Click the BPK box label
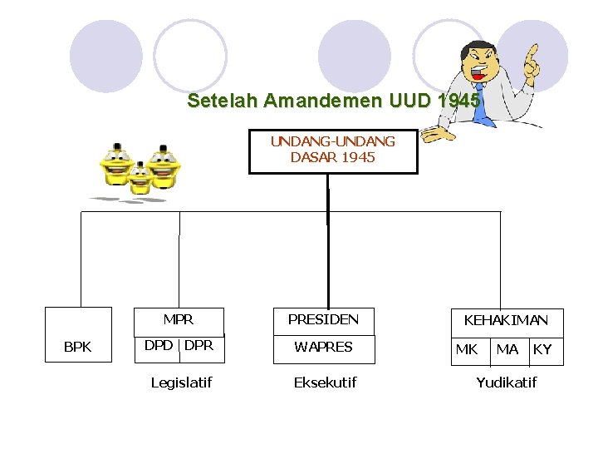coord(77,347)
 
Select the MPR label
coord(179,319)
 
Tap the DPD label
coord(159,346)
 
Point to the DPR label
coord(199,346)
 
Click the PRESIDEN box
coord(323,319)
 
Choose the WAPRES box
coord(324,347)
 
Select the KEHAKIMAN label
coord(506,320)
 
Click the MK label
coord(467,350)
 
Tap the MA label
coord(507,350)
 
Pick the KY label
coord(542,350)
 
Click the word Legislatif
coord(181,382)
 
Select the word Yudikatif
coord(506,382)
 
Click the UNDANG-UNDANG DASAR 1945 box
coord(333,150)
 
